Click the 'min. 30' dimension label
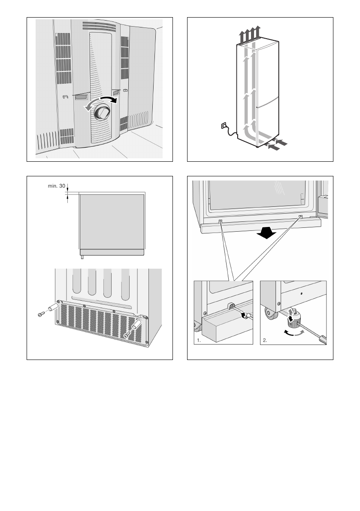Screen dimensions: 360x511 click(57, 186)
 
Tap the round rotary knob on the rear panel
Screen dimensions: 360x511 click(102, 113)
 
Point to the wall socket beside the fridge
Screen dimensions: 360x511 click(224, 125)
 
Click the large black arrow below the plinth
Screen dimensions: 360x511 click(266, 233)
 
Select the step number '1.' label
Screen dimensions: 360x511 click(199, 340)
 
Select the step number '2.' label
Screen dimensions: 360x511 click(265, 340)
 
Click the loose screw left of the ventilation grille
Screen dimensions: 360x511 click(41, 314)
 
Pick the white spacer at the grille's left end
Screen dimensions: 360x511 click(53, 307)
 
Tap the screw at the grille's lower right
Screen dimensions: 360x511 click(127, 334)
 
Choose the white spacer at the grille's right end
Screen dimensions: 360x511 click(136, 324)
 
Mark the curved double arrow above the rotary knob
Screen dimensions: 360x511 click(100, 103)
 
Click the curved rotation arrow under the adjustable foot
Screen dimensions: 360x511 click(295, 333)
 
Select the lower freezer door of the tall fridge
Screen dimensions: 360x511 click(268, 119)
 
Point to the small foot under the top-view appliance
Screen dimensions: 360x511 click(82, 257)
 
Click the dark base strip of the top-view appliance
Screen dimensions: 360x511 click(112, 252)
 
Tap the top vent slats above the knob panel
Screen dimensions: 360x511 click(99, 27)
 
